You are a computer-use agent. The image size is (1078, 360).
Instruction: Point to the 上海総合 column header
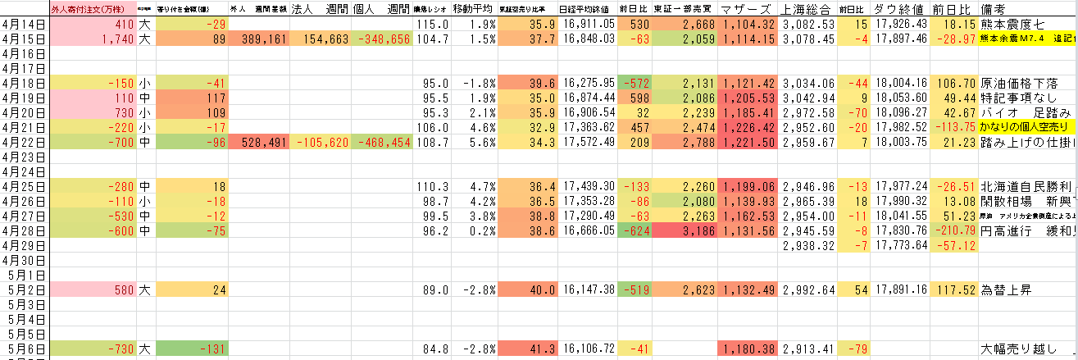click(806, 9)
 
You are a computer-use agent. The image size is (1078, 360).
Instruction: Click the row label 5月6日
click(24, 349)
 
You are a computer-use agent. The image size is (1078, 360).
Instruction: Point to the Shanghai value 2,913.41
click(807, 349)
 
